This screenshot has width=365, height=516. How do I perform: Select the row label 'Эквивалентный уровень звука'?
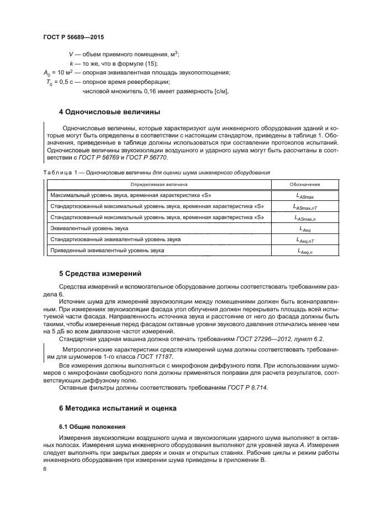(89, 228)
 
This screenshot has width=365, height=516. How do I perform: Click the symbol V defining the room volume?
(71, 54)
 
